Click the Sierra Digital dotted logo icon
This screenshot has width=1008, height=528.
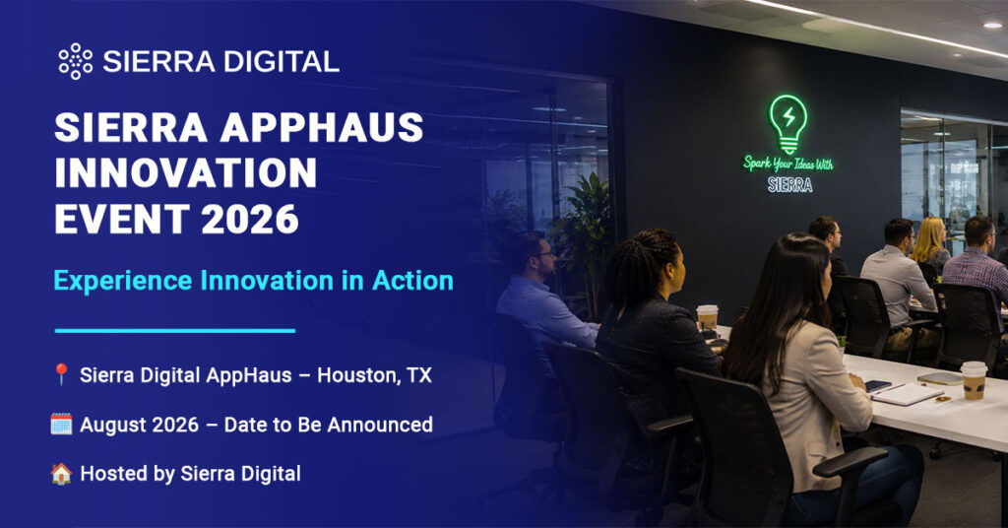click(75, 61)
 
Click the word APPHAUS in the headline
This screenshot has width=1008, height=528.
click(322, 127)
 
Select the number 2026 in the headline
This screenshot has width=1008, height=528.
click(250, 220)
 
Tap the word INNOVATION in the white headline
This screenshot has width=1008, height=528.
click(186, 173)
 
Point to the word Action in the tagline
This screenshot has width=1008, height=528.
click(412, 281)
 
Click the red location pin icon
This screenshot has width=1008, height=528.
click(61, 374)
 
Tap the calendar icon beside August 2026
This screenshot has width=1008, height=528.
click(61, 425)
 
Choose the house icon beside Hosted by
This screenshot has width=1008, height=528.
click(61, 474)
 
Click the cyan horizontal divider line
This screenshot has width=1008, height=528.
click(175, 331)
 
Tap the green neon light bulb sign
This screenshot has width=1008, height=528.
click(787, 123)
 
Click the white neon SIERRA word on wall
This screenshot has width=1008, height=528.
click(790, 185)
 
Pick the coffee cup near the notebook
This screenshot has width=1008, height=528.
click(974, 380)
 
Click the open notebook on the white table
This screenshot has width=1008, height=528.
click(907, 394)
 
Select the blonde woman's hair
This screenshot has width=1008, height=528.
click(928, 239)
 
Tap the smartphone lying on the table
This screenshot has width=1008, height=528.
click(877, 386)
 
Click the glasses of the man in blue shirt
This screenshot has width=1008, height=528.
click(546, 255)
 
